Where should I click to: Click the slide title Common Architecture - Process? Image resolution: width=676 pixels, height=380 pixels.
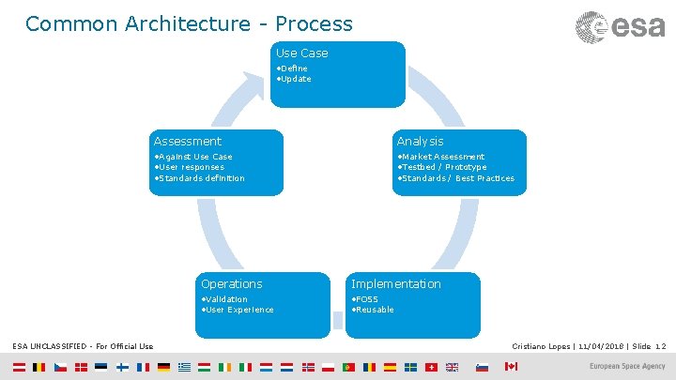click(x=189, y=23)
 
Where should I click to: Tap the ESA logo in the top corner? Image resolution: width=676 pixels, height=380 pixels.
click(x=621, y=26)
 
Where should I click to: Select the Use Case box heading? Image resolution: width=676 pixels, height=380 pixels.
click(x=301, y=53)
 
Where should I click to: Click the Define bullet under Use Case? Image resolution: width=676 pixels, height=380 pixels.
click(x=292, y=68)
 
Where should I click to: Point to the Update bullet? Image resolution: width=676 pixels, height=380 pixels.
click(x=294, y=79)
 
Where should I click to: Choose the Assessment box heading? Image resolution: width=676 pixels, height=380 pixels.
click(x=188, y=142)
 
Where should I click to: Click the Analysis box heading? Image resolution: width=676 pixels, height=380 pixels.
click(x=420, y=142)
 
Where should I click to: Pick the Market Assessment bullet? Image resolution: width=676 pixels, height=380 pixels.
click(x=440, y=157)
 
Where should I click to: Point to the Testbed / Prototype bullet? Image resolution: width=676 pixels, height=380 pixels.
click(x=441, y=167)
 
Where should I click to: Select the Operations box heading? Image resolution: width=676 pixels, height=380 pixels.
click(x=231, y=284)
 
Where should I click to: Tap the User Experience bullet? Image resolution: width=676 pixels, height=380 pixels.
click(x=238, y=310)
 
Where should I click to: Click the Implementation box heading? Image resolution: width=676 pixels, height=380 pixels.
click(x=395, y=284)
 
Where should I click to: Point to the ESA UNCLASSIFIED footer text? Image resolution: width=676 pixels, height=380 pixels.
click(x=83, y=347)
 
